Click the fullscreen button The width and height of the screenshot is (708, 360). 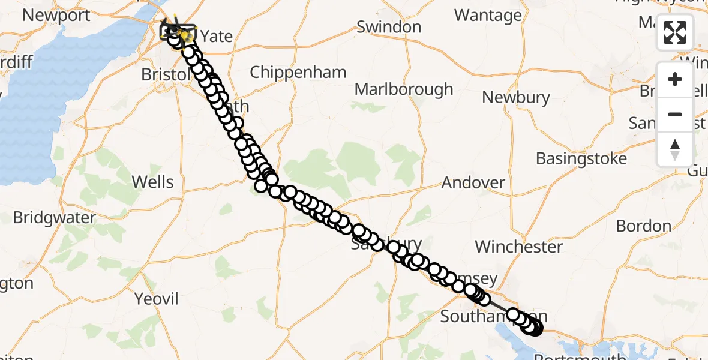(675, 32)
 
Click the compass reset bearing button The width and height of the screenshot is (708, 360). (675, 149)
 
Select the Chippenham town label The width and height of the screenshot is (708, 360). (298, 73)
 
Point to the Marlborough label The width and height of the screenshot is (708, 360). (404, 89)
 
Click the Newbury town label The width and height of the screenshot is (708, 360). (516, 97)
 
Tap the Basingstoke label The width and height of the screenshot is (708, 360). (581, 159)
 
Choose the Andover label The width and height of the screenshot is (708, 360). (473, 182)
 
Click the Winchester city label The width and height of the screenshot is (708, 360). (519, 247)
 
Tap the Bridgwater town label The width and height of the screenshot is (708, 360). (55, 217)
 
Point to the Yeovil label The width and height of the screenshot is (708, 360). (157, 298)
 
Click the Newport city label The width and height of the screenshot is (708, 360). (56, 16)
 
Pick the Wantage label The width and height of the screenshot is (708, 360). (488, 15)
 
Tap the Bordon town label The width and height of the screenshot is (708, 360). (644, 226)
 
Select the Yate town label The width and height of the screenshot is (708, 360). (216, 36)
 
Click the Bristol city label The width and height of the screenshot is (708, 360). (163, 74)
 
